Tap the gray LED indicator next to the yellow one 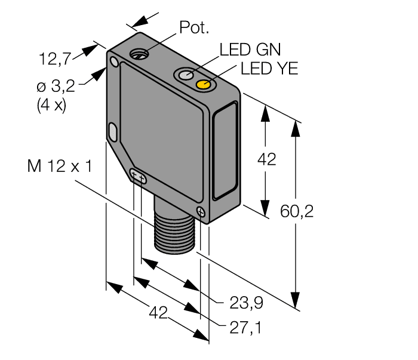click(185, 75)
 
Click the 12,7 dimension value click(56, 59)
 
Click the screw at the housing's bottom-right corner click(201, 211)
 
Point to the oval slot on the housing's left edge click(112, 131)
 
